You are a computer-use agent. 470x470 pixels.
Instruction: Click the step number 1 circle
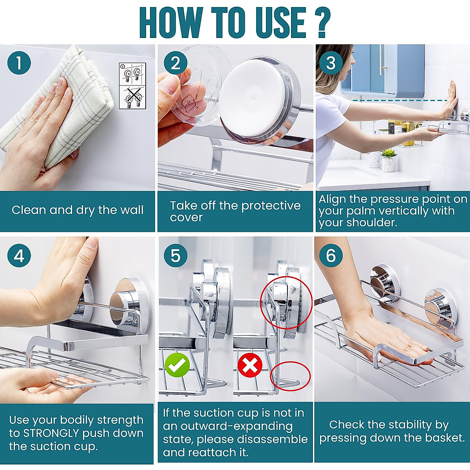click(x=19, y=63)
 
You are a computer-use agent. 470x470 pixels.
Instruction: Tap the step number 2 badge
click(x=175, y=63)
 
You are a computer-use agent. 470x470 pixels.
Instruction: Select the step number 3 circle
click(x=331, y=63)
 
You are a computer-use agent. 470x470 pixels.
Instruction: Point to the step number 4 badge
click(x=19, y=256)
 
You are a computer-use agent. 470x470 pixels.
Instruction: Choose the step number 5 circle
click(x=175, y=256)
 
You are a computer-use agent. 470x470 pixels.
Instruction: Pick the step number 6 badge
click(x=331, y=256)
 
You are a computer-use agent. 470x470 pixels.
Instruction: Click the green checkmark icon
click(x=177, y=365)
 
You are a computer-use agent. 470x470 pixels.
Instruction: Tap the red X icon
click(x=250, y=365)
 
